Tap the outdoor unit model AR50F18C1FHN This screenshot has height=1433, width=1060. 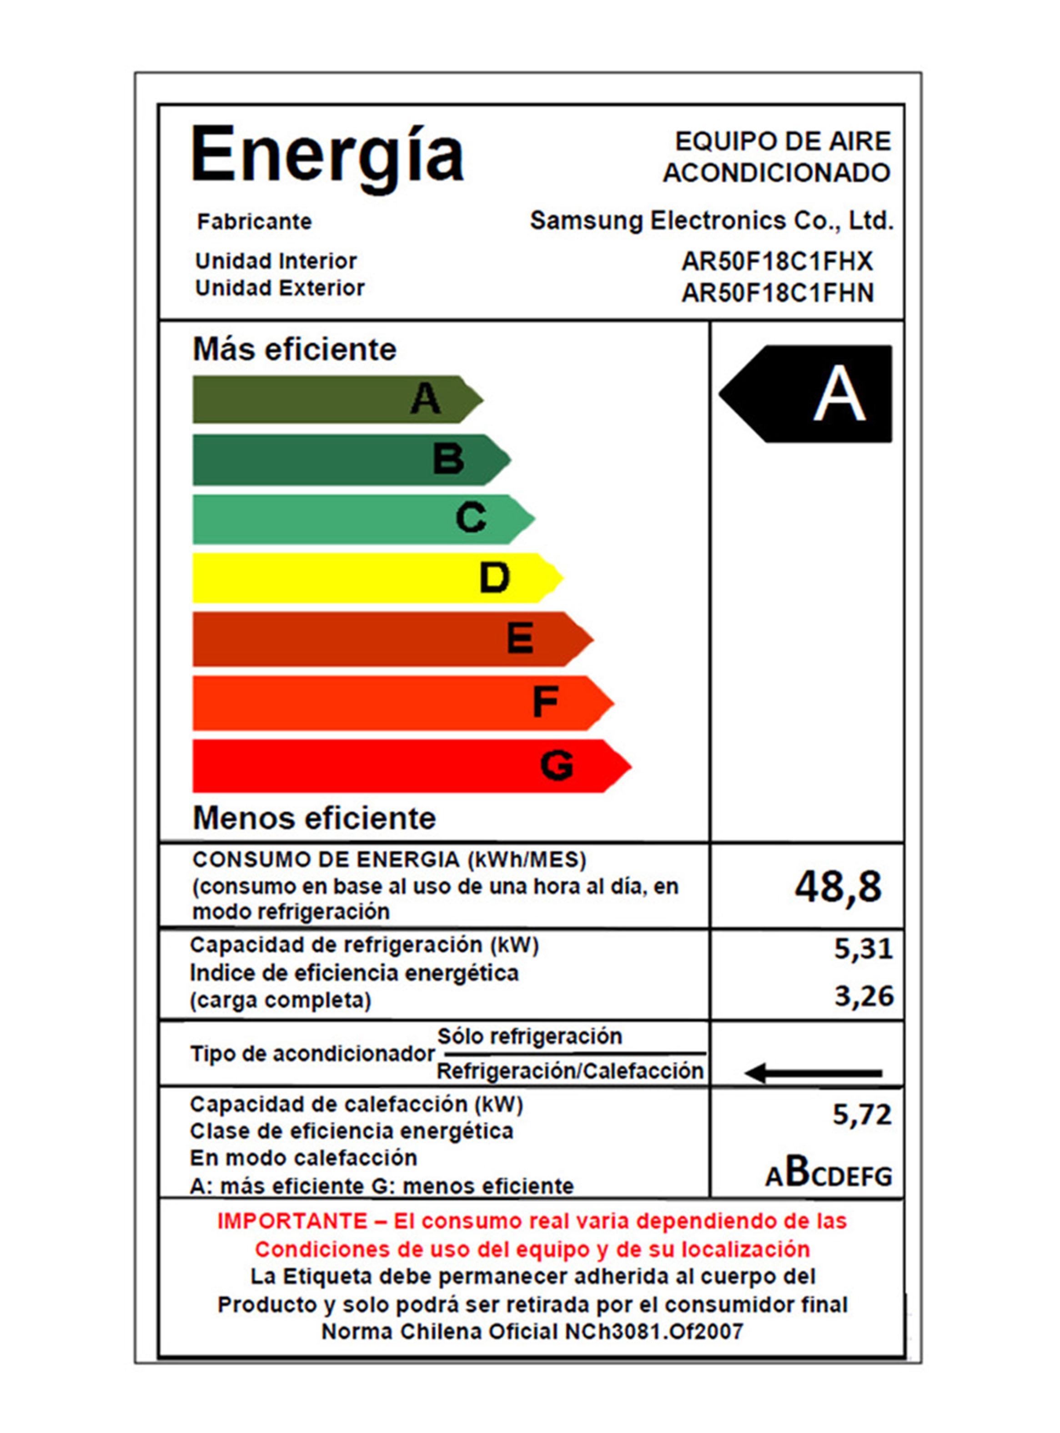point(777,293)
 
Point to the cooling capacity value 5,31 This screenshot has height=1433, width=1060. point(863,948)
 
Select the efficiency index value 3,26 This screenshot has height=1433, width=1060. point(864,996)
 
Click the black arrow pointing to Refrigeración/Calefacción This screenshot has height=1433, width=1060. point(813,1072)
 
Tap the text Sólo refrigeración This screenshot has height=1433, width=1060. point(529,1036)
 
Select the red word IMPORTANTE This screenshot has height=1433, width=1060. point(292,1221)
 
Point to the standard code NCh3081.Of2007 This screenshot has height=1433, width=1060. point(653,1332)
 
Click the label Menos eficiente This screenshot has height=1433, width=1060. point(314,818)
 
